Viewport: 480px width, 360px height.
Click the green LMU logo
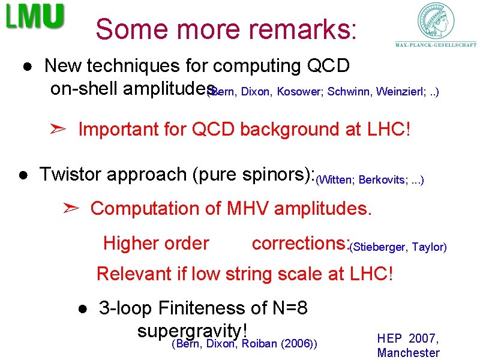(x=35, y=17)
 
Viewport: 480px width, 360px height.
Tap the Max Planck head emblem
(x=436, y=21)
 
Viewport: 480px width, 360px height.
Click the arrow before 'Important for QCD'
(x=59, y=128)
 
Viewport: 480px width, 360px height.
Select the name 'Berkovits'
(x=380, y=179)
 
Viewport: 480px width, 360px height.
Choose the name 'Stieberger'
(x=379, y=247)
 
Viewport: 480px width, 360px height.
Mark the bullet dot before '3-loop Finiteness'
(x=82, y=309)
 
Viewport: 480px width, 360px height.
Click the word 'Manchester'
(x=408, y=353)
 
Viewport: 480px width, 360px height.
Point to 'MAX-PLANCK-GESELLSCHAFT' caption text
(x=436, y=44)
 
